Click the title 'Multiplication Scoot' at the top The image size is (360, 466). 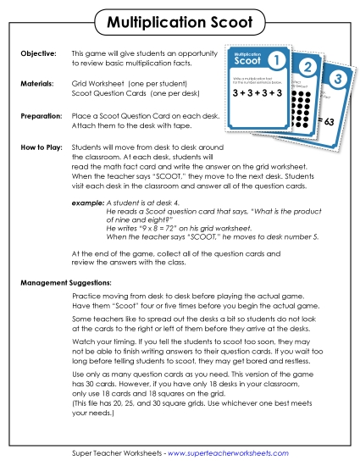tap(180, 19)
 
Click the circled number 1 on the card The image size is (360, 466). tap(275, 61)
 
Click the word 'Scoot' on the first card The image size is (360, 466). tap(248, 63)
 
